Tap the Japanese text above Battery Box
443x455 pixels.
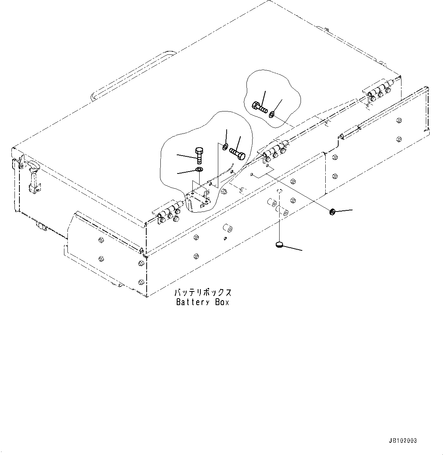[x=203, y=293]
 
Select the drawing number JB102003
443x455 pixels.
[x=403, y=441]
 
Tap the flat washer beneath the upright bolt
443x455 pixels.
[x=199, y=169]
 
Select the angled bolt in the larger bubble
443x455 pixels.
[x=237, y=153]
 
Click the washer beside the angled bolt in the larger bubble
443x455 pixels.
[x=225, y=146]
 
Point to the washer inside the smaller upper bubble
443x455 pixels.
[x=272, y=114]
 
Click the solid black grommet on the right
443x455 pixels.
[x=332, y=212]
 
